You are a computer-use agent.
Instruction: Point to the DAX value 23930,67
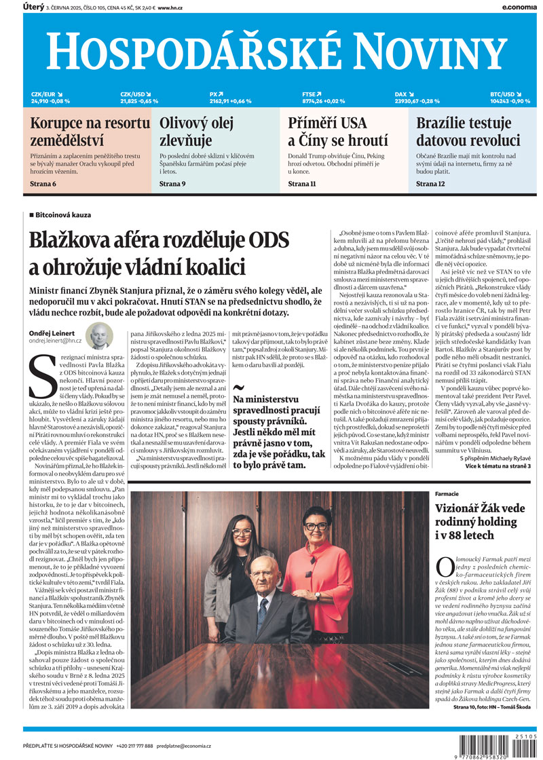(x=409, y=101)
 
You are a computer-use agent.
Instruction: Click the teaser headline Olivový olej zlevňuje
(x=196, y=132)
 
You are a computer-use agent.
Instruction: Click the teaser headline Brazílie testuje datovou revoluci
(x=468, y=132)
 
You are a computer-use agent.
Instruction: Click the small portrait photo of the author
(x=100, y=336)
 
